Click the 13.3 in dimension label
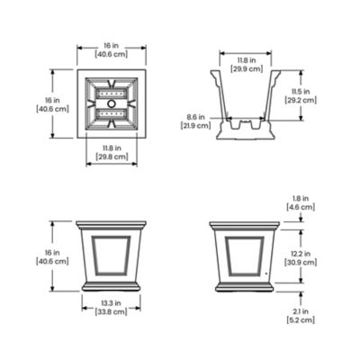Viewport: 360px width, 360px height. tap(112, 303)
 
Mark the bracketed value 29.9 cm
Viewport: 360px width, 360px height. tap(246, 67)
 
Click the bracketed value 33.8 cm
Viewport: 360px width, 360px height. tap(112, 314)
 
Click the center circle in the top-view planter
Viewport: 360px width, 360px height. tap(112, 103)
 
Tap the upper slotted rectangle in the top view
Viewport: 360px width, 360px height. tap(112, 92)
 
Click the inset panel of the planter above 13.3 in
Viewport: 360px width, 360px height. tap(112, 254)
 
